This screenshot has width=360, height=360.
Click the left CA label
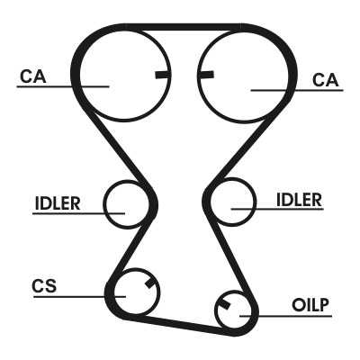coord(33,76)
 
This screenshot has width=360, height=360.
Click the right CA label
coord(325,80)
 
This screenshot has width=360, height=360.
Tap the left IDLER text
coord(58,203)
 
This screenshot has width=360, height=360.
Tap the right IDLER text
coord(299,200)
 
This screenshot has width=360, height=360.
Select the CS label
coord(44,286)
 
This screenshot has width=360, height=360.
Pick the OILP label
coord(310,305)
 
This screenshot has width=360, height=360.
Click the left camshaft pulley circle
coord(124,120)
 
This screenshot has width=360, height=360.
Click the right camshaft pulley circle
coord(244,121)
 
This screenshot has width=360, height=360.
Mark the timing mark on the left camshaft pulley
coord(163,75)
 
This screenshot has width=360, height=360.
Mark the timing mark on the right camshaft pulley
coord(205,75)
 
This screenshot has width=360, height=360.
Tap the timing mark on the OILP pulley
coord(225,304)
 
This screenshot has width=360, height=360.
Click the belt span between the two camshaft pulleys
coord(183,27)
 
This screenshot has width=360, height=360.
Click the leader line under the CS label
coord(79,297)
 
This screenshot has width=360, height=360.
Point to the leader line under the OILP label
coord(286,316)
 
